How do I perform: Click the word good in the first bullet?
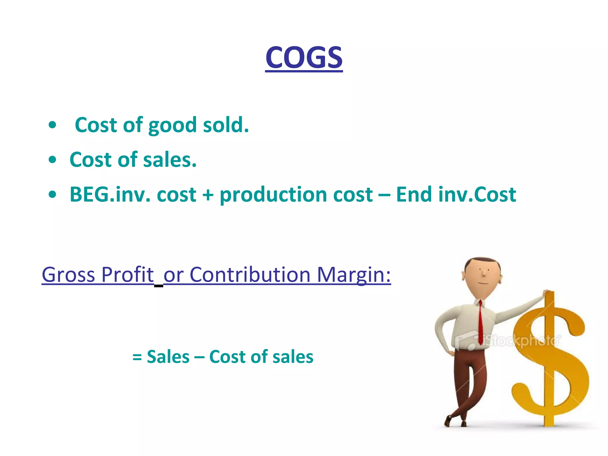(172, 125)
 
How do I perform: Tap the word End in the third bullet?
(414, 195)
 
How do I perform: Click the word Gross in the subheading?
(68, 275)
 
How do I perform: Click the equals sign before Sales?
(137, 357)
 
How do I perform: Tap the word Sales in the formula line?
(168, 357)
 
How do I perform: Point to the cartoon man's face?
(482, 275)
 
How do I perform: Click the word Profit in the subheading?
(127, 275)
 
